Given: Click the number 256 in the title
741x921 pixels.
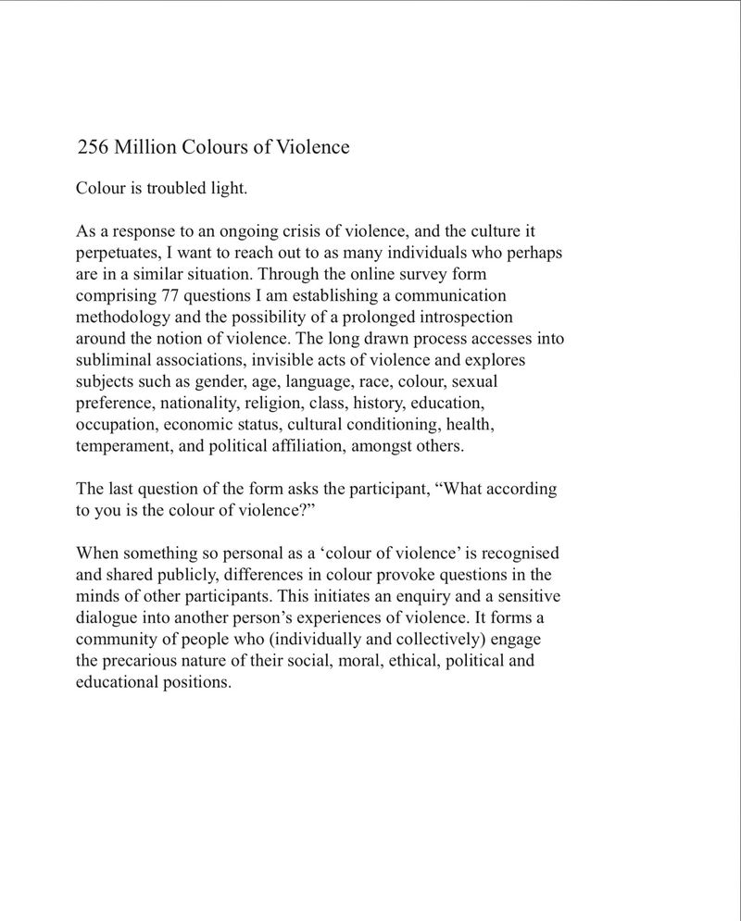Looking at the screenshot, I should [x=94, y=147].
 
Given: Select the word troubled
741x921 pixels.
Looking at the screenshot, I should [x=191, y=190].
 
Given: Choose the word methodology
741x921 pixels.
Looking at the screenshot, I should [x=122, y=318].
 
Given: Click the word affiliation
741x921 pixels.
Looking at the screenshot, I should [x=330, y=446].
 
